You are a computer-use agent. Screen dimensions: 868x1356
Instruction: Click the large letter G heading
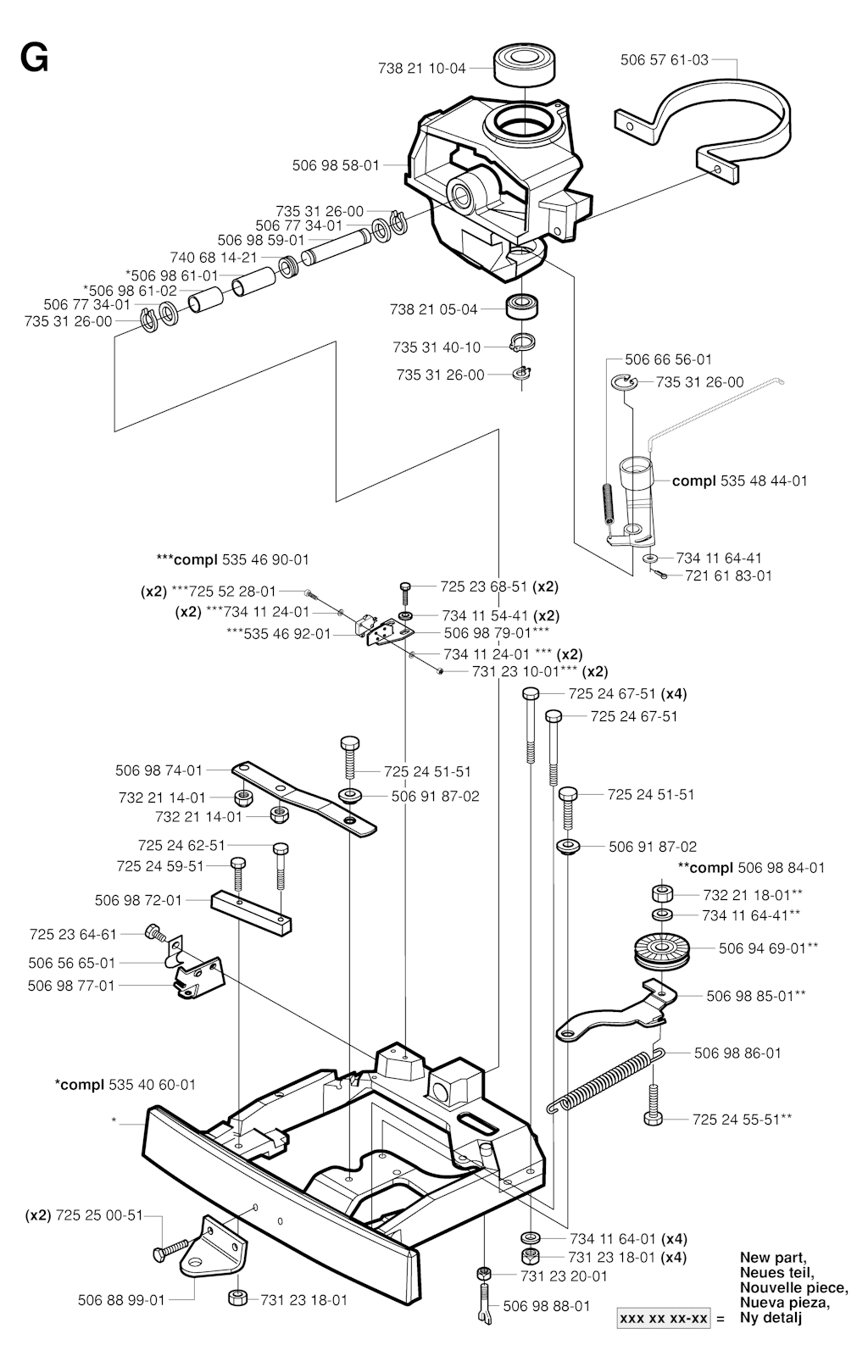(34, 59)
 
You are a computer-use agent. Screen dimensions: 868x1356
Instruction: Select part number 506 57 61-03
(664, 59)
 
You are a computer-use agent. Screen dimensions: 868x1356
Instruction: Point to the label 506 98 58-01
(336, 165)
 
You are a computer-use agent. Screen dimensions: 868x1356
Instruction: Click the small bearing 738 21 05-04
(523, 306)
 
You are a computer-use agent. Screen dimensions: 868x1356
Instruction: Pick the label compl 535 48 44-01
(740, 481)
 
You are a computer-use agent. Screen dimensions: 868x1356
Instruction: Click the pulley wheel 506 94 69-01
(663, 949)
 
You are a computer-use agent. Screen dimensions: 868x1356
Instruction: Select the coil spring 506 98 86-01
(605, 1081)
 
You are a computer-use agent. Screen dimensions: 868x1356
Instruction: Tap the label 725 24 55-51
(742, 1120)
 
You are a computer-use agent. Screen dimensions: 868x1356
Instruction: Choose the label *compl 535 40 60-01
(125, 1085)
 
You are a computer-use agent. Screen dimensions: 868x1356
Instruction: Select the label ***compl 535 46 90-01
(232, 559)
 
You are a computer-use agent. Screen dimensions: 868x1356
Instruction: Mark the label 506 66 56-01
(668, 359)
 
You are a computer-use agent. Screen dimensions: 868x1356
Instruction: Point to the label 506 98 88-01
(547, 1306)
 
